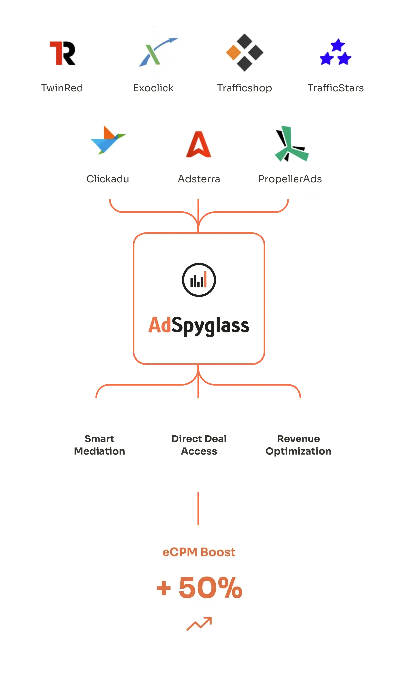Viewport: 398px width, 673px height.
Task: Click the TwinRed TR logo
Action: tap(62, 53)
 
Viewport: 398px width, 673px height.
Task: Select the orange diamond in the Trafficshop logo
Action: tap(233, 52)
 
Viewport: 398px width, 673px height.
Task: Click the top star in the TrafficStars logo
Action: tap(338, 45)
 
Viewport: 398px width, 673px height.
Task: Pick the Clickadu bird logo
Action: tap(107, 140)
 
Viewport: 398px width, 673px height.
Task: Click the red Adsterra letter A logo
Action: tap(199, 144)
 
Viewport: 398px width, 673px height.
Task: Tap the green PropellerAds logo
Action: tap(291, 144)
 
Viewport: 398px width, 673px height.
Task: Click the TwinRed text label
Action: tap(62, 88)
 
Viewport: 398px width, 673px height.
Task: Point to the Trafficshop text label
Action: tap(244, 88)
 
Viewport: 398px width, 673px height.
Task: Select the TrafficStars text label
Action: tap(336, 88)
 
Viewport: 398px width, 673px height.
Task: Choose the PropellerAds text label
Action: tap(290, 179)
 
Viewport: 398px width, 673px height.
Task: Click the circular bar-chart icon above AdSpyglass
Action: tap(199, 280)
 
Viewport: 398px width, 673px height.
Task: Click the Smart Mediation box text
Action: tap(99, 445)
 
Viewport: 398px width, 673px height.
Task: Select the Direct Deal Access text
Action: tap(199, 445)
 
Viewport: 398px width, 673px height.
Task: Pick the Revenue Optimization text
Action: tap(298, 445)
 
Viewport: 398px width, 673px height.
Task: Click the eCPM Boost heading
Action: tap(199, 552)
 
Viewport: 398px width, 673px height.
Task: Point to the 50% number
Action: tap(210, 588)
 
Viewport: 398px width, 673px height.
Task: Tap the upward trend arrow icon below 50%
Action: tap(199, 624)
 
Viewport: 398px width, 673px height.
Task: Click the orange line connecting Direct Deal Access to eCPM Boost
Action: tap(199, 508)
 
